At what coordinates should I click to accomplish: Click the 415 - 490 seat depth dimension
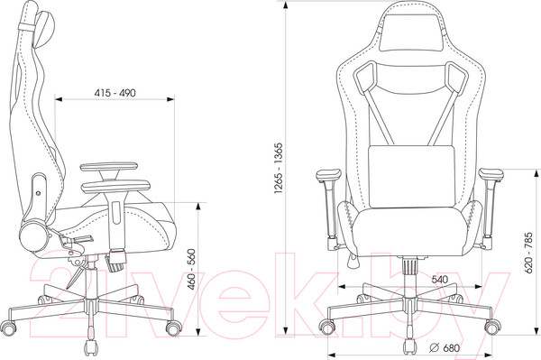pyautogui.click(x=115, y=93)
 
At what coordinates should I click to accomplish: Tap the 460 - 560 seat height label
pyautogui.click(x=191, y=269)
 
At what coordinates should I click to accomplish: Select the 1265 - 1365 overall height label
pyautogui.click(x=278, y=168)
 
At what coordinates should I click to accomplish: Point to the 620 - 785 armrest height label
pyautogui.click(x=528, y=253)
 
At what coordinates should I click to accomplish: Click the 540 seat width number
pyautogui.click(x=440, y=279)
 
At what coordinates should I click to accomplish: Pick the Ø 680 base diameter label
pyautogui.click(x=445, y=347)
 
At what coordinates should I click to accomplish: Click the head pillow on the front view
pyautogui.click(x=410, y=32)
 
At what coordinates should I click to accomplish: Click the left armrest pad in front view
pyautogui.click(x=328, y=175)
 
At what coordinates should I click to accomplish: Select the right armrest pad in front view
pyautogui.click(x=491, y=175)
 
